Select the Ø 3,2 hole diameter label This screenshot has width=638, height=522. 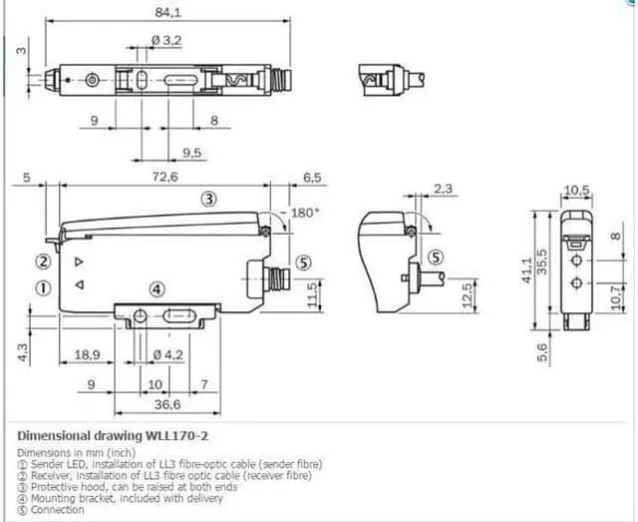click(166, 40)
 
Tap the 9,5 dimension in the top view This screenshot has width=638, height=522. click(192, 153)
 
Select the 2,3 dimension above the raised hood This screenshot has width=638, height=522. click(444, 187)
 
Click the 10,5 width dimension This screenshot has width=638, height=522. click(577, 191)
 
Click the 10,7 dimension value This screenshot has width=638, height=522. click(614, 295)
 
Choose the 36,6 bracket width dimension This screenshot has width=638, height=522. click(165, 404)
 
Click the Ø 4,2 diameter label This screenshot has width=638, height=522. click(166, 353)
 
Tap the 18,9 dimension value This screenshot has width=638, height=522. click(87, 353)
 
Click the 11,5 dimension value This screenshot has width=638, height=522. click(314, 294)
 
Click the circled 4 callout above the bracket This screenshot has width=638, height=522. click(156, 289)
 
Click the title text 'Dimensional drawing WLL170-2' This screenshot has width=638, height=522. click(114, 436)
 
